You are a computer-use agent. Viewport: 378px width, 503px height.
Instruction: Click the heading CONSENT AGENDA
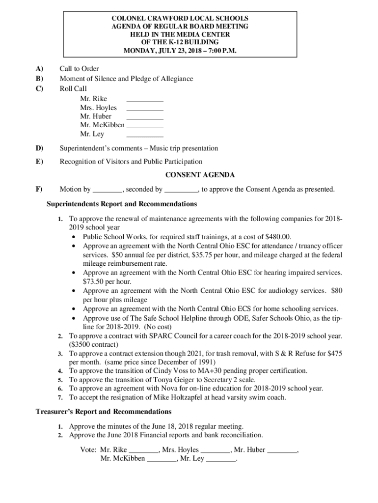pyautogui.click(x=200, y=175)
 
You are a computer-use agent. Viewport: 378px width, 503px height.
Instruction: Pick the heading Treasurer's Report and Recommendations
pyautogui.click(x=104, y=411)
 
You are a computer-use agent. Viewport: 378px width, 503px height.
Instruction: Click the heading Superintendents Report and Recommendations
pyautogui.click(x=122, y=203)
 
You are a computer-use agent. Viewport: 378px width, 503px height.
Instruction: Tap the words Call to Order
pyautogui.click(x=79, y=69)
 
